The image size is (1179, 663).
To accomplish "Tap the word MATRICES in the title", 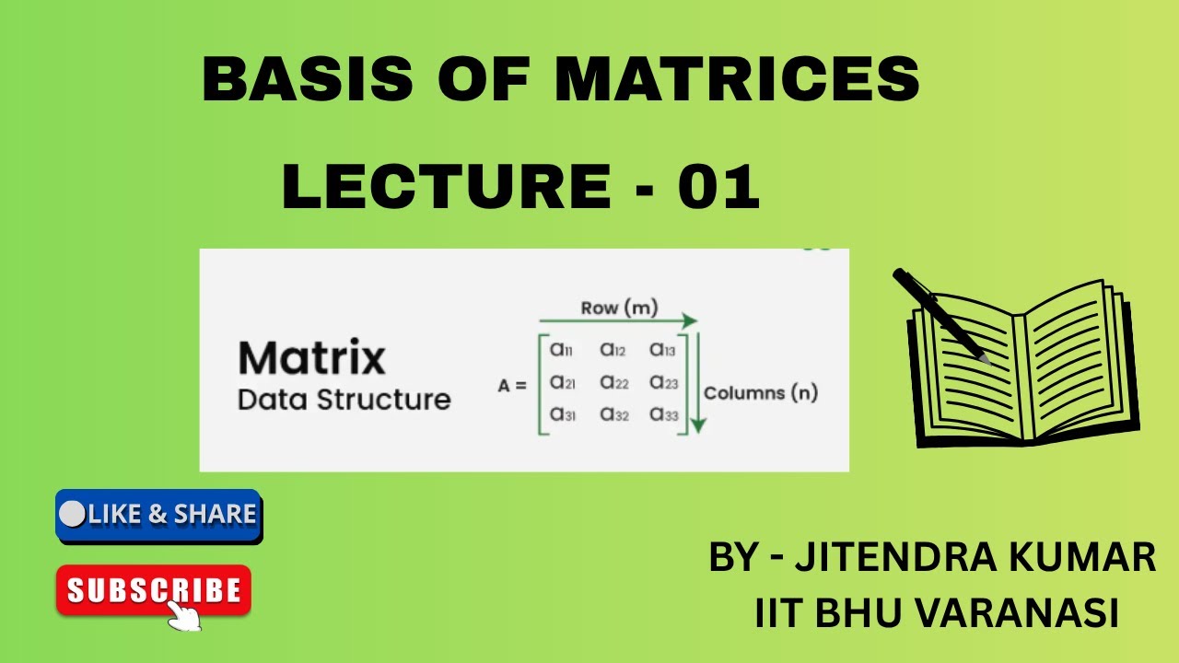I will point(737,79).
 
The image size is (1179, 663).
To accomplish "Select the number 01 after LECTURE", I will point(718,187).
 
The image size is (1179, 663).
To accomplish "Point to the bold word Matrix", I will point(311,358).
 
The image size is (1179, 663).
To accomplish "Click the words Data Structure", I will point(344,401).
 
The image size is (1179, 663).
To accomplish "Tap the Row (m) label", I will point(619,308).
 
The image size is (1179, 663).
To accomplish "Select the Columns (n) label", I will point(761,393).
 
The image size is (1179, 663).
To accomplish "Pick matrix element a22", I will point(613,382).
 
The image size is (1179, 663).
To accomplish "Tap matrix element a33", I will point(664,415).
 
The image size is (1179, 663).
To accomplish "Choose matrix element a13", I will point(663,350).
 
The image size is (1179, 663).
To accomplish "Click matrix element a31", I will point(563,415).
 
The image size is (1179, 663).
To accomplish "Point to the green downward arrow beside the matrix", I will point(697,382).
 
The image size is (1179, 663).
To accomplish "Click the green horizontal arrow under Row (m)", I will point(617,321).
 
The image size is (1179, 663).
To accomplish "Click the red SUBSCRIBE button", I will point(154,590).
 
